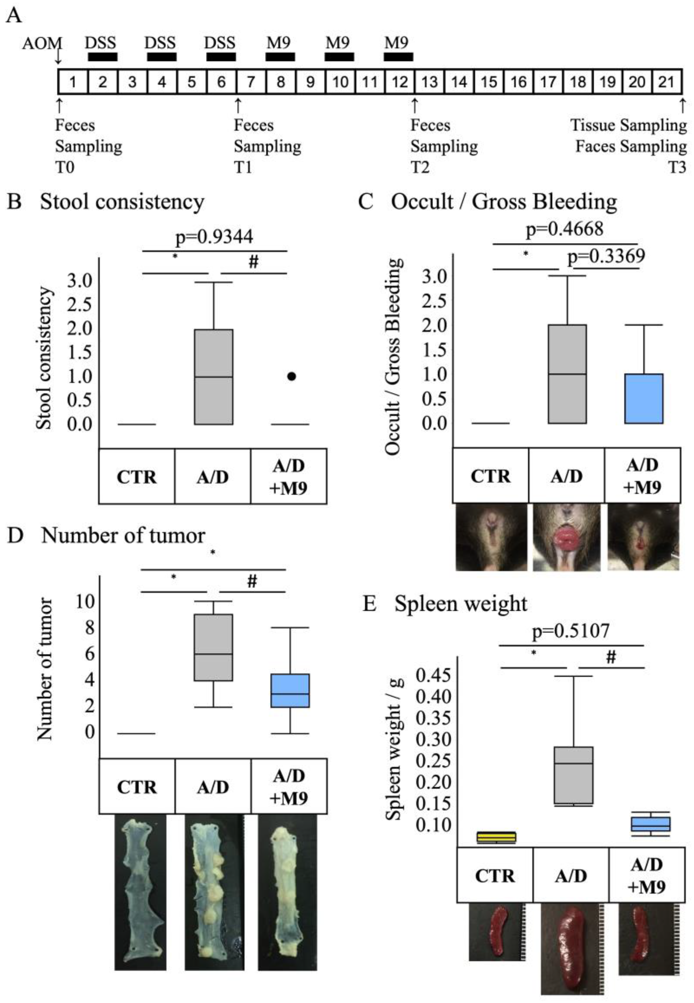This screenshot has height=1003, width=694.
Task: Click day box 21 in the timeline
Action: tap(666, 82)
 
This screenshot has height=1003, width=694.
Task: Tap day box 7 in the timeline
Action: tap(251, 82)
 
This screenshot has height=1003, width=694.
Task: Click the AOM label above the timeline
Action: tap(42, 44)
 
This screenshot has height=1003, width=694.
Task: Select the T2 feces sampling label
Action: tap(443, 146)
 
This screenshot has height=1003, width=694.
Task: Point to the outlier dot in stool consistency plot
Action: tap(291, 376)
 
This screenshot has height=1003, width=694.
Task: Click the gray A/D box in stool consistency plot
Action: tap(214, 377)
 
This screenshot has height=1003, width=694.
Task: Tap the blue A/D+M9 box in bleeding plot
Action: tap(643, 398)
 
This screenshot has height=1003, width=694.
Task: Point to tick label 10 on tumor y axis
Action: tap(85, 602)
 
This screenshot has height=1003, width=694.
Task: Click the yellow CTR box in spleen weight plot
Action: tap(496, 837)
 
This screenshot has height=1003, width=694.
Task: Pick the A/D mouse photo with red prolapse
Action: tap(566, 537)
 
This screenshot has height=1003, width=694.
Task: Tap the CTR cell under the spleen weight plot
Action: tap(495, 876)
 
